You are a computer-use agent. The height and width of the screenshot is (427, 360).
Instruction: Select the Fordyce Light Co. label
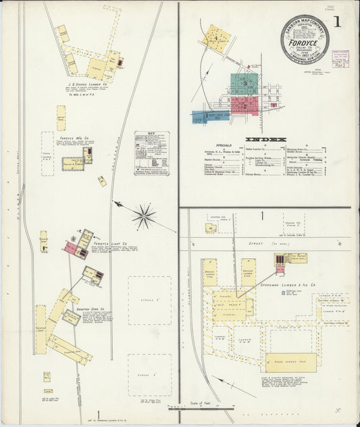pos(110,243)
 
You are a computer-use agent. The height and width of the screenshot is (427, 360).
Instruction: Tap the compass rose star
pos(143,216)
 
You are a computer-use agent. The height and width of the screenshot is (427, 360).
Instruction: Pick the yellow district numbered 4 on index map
pos(215,38)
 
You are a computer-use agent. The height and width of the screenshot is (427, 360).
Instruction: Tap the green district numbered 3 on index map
pos(245,84)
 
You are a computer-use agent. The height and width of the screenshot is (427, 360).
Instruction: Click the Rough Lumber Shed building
pos(290,361)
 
